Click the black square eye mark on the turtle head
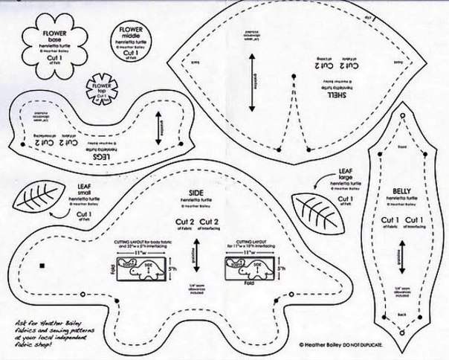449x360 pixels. (44, 265)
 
